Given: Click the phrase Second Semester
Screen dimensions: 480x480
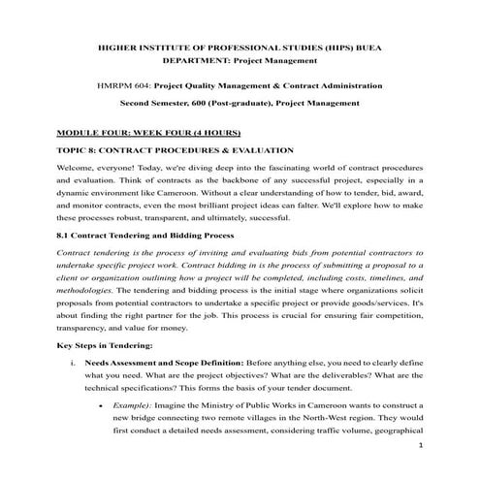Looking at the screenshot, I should (x=154, y=102).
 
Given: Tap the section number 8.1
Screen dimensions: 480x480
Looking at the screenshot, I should (x=65, y=235).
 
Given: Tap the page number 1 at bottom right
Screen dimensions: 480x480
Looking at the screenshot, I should (x=418, y=446).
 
